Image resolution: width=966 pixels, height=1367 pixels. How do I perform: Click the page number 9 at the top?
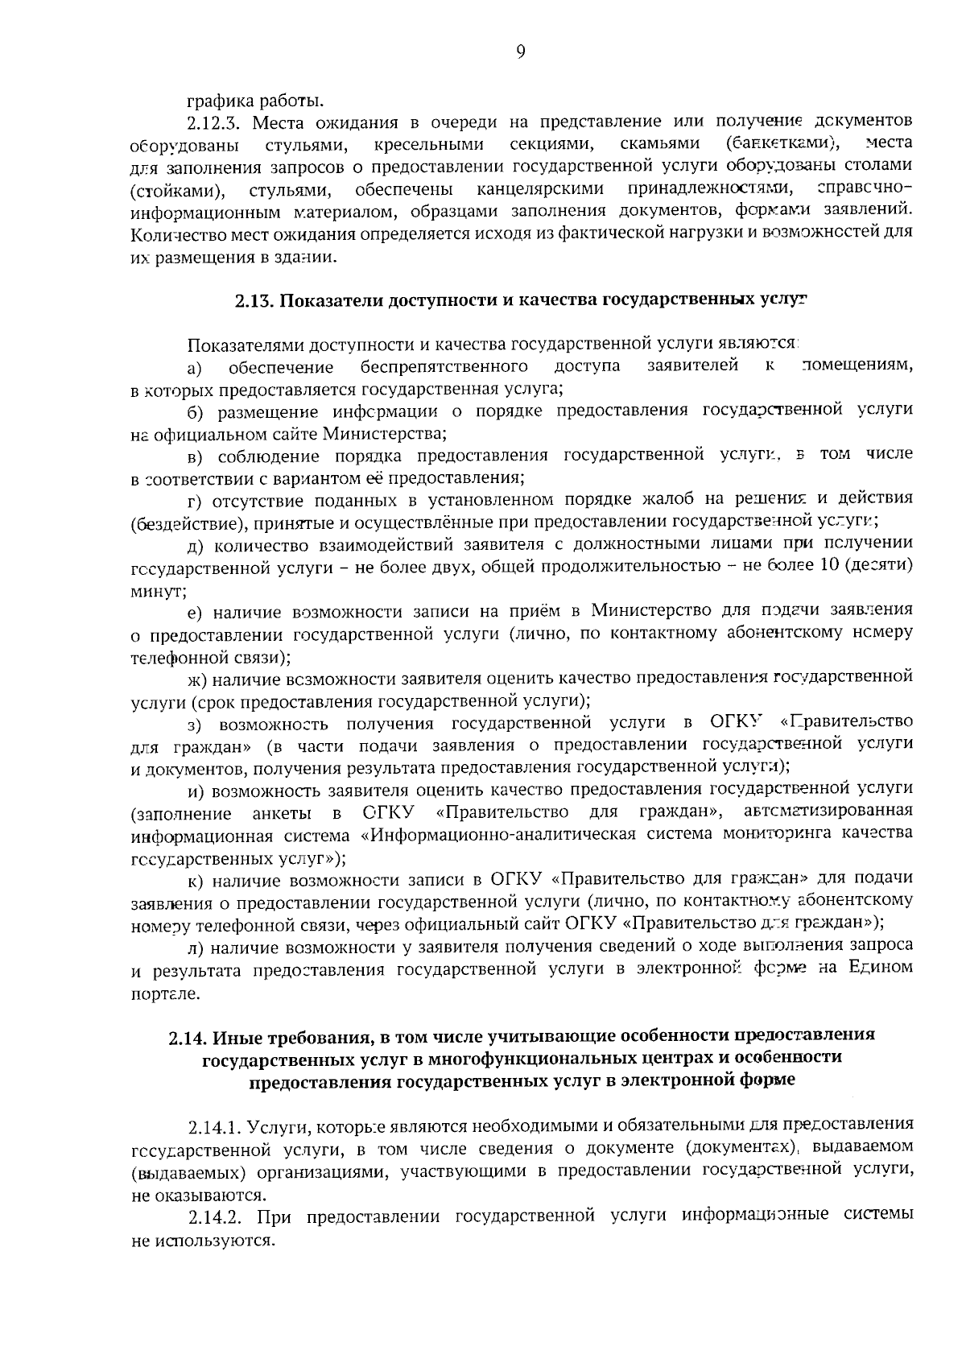pos(520,52)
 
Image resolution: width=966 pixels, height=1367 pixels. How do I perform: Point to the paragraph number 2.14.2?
pos(214,1216)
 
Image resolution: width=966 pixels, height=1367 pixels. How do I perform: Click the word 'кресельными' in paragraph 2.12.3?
pos(429,145)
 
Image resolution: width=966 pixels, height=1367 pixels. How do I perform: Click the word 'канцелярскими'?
pos(540,191)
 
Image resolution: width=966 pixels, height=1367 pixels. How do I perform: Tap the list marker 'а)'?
pos(194,369)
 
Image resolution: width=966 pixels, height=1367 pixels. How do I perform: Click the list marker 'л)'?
pos(195,946)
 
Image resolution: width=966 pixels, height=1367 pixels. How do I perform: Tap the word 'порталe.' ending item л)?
pos(163,995)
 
